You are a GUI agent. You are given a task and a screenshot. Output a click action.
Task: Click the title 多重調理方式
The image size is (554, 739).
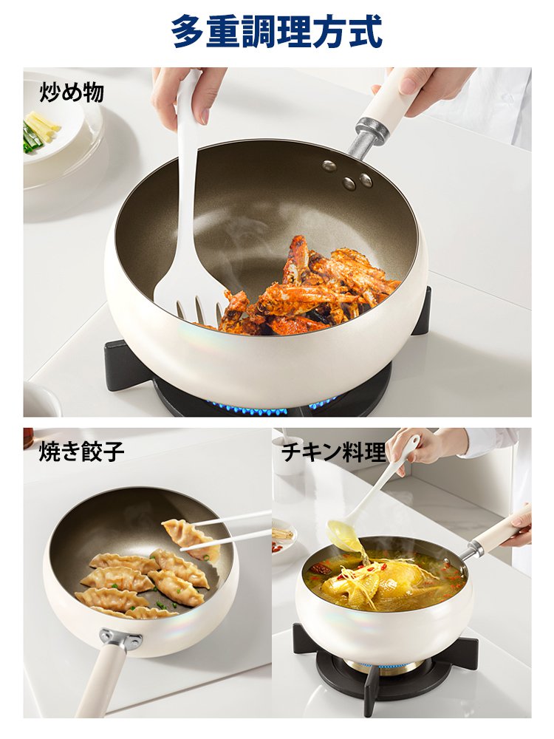click(x=276, y=32)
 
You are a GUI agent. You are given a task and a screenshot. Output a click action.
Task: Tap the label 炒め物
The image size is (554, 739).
click(x=71, y=92)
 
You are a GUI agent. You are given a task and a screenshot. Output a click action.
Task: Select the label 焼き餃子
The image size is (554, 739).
click(x=81, y=451)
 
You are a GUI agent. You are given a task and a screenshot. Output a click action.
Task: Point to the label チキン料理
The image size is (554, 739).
click(x=333, y=452)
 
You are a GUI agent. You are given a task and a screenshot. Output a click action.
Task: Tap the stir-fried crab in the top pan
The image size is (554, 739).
click(x=310, y=288)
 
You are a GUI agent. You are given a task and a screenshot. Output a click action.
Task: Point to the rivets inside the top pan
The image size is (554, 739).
click(x=347, y=174)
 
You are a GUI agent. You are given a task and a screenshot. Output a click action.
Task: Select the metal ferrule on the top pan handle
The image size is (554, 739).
click(x=372, y=135)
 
